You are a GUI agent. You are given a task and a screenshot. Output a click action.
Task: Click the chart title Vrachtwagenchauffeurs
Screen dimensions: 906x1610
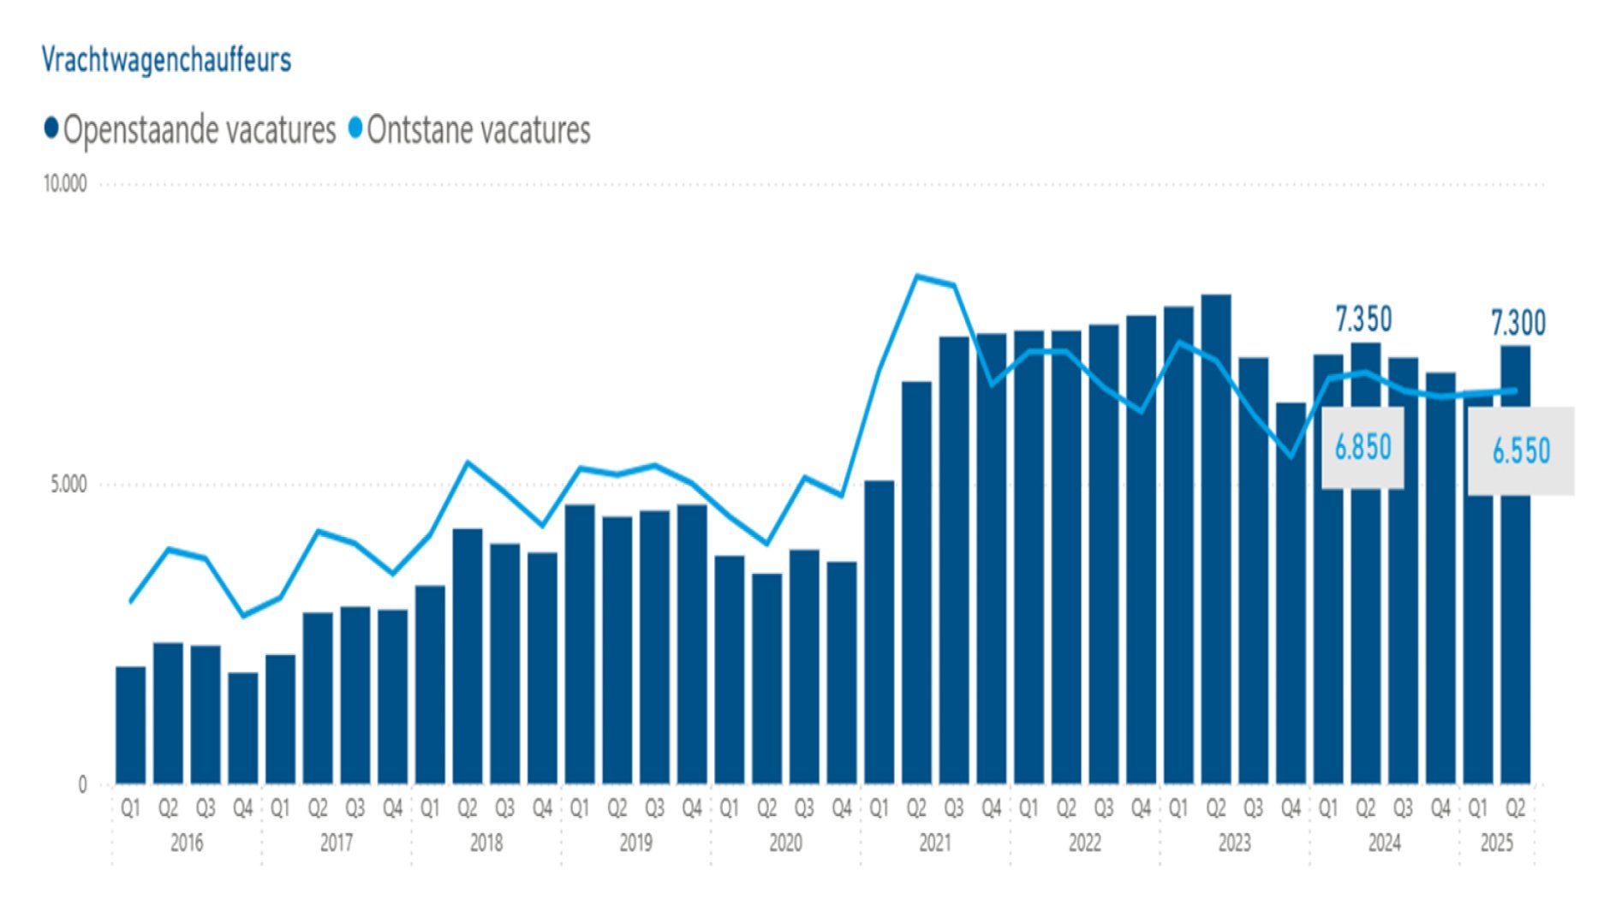(166, 60)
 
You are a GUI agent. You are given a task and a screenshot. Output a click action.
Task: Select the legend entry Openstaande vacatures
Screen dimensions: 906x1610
(190, 130)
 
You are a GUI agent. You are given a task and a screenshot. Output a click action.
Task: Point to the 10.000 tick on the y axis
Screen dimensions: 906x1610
(65, 184)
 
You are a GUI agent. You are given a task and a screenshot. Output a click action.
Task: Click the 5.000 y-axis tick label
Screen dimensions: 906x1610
(69, 485)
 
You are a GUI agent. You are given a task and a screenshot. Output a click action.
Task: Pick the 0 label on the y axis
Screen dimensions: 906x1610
(82, 784)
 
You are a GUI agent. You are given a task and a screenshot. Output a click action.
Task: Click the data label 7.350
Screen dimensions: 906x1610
(1363, 319)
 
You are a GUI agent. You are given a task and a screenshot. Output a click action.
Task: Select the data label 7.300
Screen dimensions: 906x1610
(1518, 324)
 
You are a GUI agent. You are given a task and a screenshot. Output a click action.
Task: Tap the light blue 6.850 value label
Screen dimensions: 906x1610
(1363, 447)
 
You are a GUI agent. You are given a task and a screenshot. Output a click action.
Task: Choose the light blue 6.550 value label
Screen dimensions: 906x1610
(1521, 451)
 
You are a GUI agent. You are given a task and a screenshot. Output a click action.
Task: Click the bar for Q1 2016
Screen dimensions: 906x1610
(130, 724)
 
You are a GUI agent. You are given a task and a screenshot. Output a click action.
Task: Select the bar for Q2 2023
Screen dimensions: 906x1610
(1216, 539)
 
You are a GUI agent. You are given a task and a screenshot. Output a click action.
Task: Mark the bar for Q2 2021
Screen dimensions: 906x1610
(916, 582)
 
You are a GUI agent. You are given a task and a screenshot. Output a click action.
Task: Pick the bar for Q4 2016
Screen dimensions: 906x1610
(243, 728)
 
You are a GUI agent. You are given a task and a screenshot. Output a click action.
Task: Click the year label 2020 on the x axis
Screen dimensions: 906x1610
(785, 843)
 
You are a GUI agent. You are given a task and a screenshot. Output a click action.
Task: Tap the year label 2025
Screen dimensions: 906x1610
(1496, 843)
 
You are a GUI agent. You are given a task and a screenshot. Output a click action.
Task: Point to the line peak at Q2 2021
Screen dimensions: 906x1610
(917, 277)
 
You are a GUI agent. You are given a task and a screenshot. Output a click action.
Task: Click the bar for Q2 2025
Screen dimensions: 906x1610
(1515, 565)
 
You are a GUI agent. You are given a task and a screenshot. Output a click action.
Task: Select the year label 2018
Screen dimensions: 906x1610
(486, 843)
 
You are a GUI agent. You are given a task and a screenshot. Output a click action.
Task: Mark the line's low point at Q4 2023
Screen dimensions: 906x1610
(1291, 456)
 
